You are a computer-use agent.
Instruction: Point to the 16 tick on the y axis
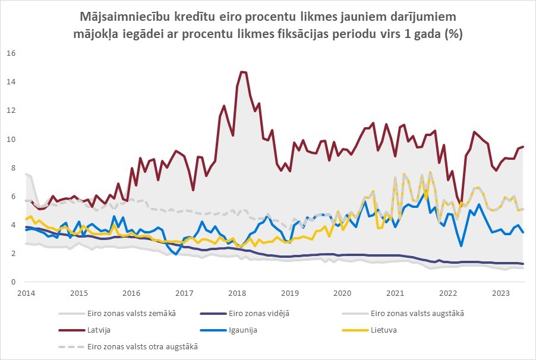point(11,53)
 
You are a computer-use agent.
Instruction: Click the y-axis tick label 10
point(11,140)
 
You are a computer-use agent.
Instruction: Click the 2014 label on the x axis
point(25,293)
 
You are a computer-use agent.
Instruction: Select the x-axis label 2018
point(237,293)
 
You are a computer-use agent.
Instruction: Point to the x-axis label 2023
point(502,293)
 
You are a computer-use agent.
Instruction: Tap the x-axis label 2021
point(396,293)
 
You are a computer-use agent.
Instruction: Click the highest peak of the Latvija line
point(242,71)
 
